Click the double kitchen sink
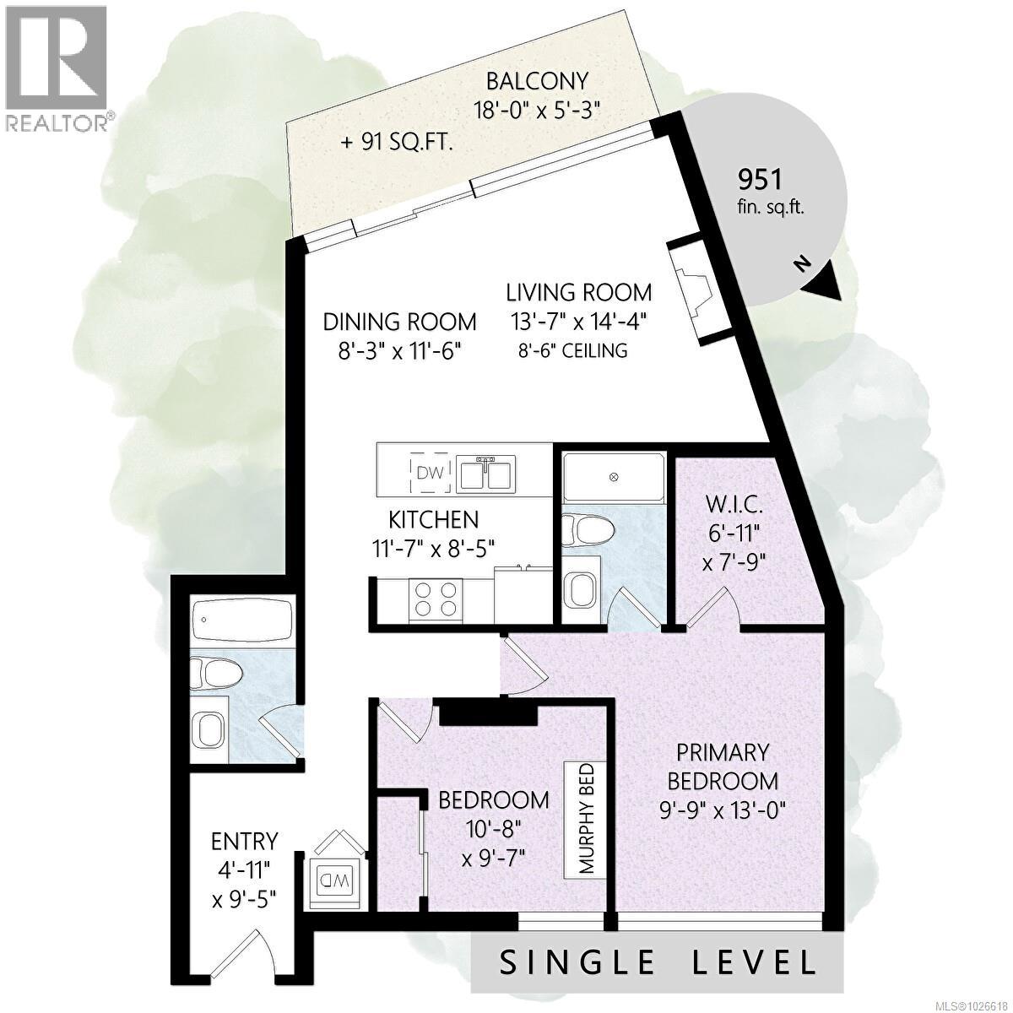tap(484, 474)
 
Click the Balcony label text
tap(537, 81)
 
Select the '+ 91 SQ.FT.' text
tap(397, 143)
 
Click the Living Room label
tap(579, 292)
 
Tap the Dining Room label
tap(400, 322)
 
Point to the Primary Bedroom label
tap(723, 765)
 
